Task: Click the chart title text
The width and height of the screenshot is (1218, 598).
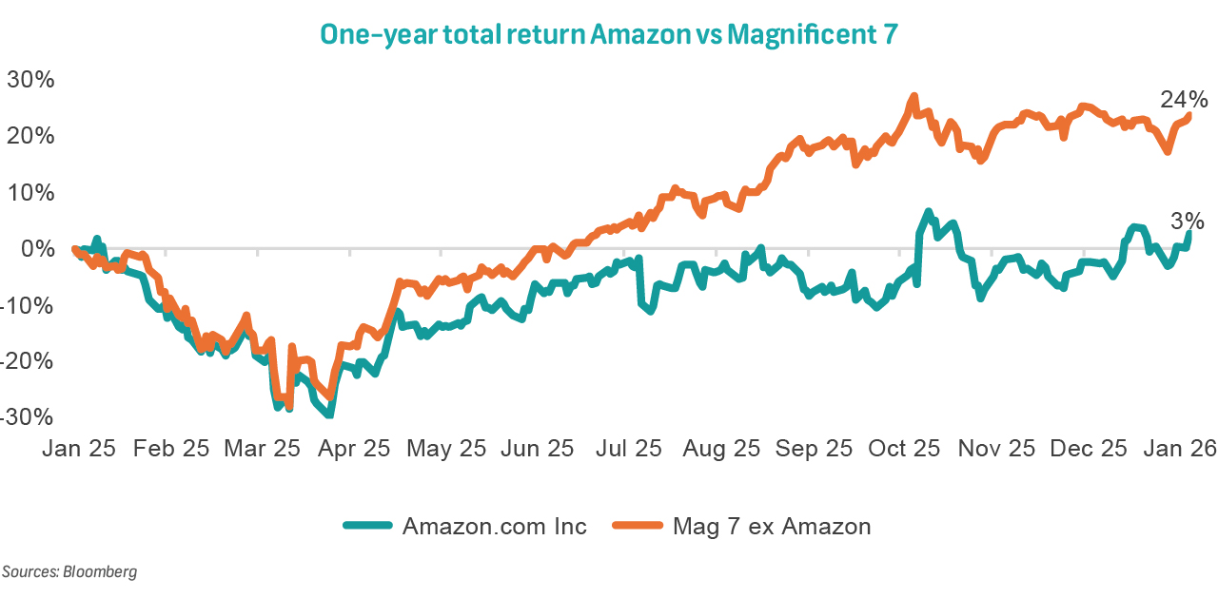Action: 608,34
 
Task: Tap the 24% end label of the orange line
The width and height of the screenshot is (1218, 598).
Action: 1183,99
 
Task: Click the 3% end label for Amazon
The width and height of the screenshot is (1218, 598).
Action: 1187,222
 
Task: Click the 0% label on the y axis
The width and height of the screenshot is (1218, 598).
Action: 37,249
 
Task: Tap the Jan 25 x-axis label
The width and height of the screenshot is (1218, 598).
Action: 78,449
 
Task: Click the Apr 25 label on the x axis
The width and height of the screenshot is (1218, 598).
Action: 351,449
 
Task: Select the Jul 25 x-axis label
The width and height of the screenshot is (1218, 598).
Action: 628,449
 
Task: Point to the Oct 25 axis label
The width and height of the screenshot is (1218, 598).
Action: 904,449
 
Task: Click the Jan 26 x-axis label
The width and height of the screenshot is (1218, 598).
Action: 1179,449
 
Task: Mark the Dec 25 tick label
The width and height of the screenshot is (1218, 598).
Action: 1089,449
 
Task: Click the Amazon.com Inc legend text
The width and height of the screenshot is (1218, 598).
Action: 495,526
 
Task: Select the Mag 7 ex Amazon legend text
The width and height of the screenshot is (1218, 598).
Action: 771,526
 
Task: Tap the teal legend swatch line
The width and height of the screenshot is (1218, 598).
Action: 366,526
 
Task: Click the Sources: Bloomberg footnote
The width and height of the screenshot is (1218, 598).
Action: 69,572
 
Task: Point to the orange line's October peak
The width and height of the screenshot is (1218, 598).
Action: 913,97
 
